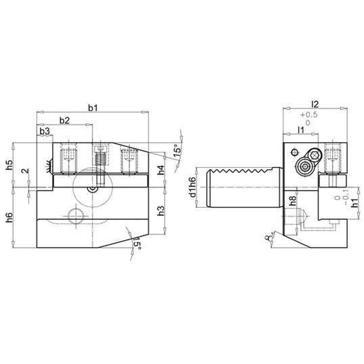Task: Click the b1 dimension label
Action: pyautogui.click(x=93, y=108)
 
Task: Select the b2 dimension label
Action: pyautogui.click(x=64, y=120)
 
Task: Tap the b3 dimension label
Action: pyautogui.click(x=45, y=131)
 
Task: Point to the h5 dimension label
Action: pyautogui.click(x=9, y=164)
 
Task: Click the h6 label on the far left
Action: pyautogui.click(x=9, y=217)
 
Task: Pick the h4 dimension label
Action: pyautogui.click(x=160, y=170)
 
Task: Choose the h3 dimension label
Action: pyautogui.click(x=160, y=210)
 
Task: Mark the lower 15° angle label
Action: pyautogui.click(x=137, y=244)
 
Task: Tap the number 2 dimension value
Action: pyautogui.click(x=25, y=171)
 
